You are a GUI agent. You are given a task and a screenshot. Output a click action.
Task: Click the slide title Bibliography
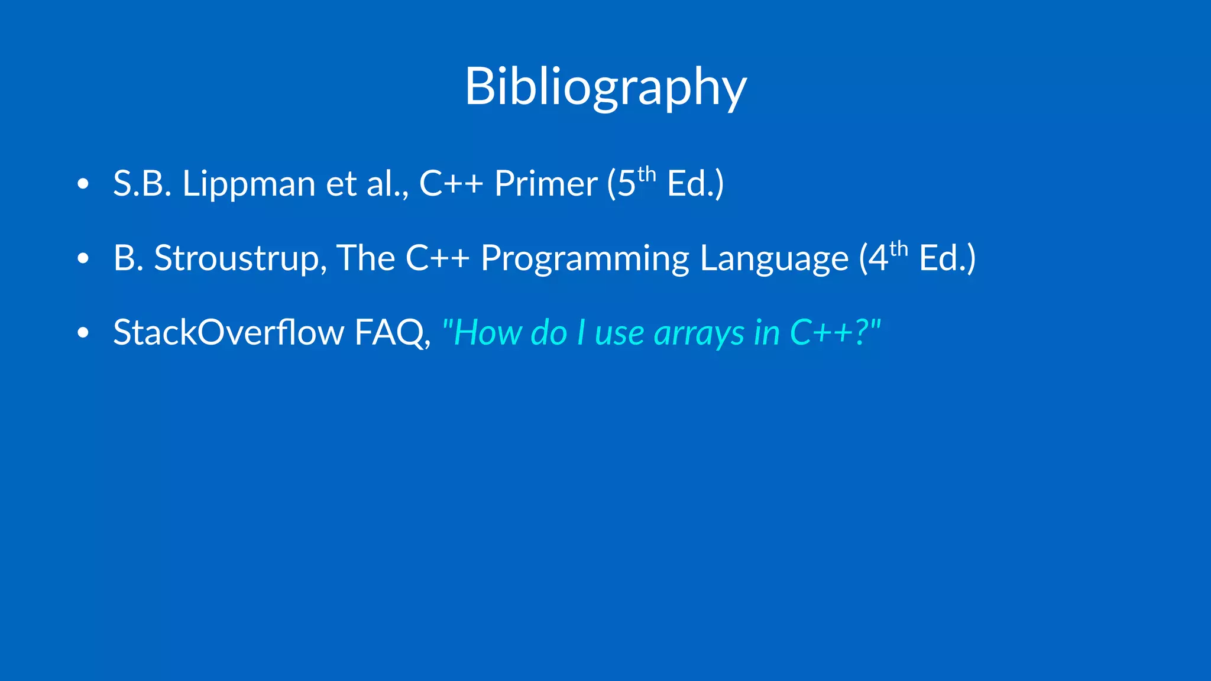605,87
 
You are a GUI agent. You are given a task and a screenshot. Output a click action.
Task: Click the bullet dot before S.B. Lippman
83,184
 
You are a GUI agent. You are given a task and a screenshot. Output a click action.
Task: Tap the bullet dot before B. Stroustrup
83,258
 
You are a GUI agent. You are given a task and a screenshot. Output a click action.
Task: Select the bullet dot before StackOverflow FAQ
83,333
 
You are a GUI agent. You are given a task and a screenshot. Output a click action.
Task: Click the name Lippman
248,184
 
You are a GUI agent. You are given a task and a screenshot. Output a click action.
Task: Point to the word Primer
545,184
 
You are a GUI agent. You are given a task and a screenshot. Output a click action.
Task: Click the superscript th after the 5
647,175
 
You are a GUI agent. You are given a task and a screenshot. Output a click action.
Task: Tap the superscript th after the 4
899,249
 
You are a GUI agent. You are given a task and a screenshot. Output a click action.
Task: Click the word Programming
585,258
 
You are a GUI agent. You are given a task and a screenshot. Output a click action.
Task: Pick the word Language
773,258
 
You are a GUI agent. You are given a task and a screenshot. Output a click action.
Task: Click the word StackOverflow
228,332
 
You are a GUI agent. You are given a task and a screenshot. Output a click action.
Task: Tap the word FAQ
391,332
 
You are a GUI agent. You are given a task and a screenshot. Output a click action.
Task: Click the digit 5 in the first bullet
626,184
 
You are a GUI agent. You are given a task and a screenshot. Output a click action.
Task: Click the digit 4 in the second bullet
878,258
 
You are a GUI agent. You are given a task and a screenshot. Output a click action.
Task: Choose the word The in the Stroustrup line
365,258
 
